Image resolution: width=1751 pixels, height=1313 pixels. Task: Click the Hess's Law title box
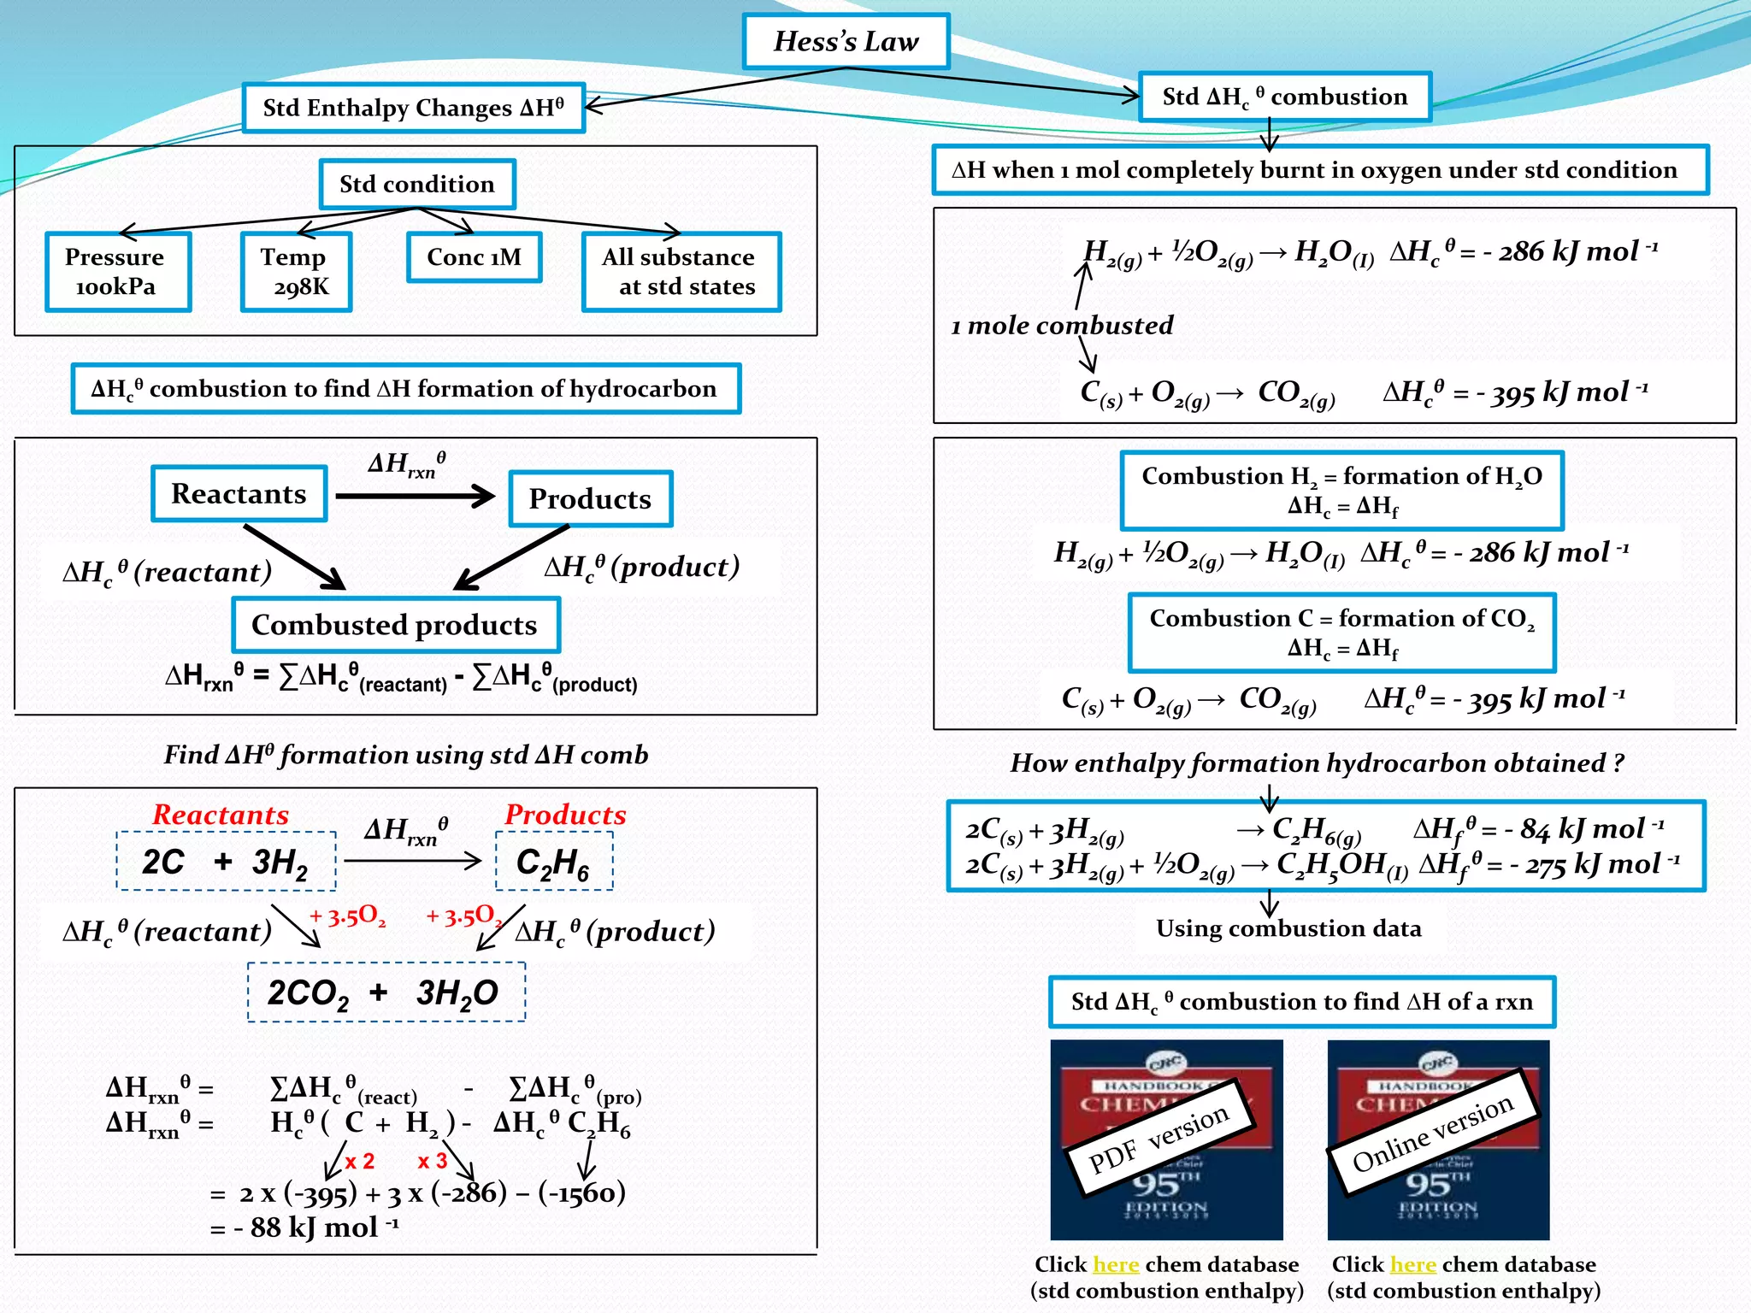[x=846, y=41]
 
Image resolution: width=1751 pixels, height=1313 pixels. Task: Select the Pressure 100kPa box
[x=117, y=272]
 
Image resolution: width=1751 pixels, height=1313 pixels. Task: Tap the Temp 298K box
[x=296, y=272]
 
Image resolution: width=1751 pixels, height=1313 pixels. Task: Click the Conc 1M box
[x=474, y=257]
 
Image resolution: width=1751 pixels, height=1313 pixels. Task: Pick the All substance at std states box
[x=681, y=272]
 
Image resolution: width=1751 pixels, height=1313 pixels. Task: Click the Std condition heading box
[x=417, y=184]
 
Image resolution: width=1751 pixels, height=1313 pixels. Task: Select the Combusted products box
[x=395, y=625]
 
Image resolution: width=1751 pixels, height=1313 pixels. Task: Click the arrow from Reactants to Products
[x=415, y=496]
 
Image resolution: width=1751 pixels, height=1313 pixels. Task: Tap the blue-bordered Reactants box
[x=239, y=494]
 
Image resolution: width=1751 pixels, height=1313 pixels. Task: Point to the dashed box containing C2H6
[x=554, y=862]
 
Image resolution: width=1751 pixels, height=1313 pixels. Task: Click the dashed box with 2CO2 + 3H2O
[x=386, y=992]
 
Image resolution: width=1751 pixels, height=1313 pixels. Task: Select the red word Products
[x=565, y=815]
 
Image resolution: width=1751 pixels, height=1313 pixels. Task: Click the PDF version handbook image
[x=1166, y=1139]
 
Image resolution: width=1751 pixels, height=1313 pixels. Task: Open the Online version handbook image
[x=1438, y=1139]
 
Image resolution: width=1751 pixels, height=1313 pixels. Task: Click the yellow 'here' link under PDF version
[x=1116, y=1264]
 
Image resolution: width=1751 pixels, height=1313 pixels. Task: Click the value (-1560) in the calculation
[x=581, y=1192]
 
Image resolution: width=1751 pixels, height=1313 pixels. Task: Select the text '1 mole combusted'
[x=1062, y=326]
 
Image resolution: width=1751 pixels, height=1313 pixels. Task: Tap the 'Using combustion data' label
[x=1288, y=928]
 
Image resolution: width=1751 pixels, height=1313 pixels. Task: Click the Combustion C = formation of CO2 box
[x=1341, y=633]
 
